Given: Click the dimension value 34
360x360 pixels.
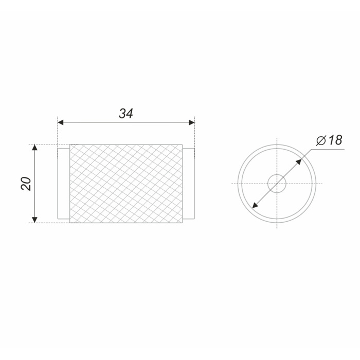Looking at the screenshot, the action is [126, 114].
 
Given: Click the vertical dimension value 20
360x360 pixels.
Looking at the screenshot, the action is [26, 184].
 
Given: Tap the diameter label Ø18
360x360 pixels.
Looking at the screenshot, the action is [329, 140].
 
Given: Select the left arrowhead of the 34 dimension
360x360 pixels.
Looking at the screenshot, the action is [60, 122].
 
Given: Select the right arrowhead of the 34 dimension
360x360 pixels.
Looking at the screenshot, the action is [192, 122].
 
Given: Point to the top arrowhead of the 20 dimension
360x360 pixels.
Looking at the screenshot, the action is [34, 148].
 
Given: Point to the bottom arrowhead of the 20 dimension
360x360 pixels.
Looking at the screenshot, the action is [34, 220].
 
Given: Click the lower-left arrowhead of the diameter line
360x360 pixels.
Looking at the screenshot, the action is [255, 206].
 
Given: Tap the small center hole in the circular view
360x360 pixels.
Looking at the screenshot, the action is [277, 184].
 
